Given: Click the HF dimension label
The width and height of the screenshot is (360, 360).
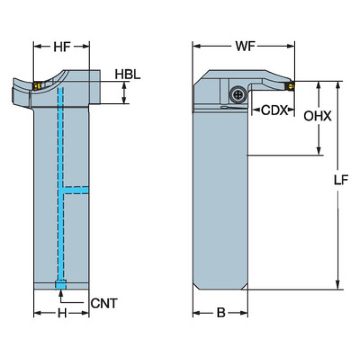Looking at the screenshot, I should pyautogui.click(x=61, y=46).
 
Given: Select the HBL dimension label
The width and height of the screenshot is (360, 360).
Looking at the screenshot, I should pyautogui.click(x=128, y=75).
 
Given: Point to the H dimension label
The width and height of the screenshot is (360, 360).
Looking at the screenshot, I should pyautogui.click(x=61, y=314).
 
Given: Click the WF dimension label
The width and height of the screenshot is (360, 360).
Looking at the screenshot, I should pyautogui.click(x=245, y=46).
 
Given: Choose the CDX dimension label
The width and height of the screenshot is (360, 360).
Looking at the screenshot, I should pyautogui.click(x=273, y=110).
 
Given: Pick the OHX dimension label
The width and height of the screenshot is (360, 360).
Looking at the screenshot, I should pyautogui.click(x=318, y=116).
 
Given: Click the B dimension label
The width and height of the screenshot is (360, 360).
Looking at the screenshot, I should pyautogui.click(x=221, y=314).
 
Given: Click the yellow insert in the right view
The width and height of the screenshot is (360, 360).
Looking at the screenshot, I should pyautogui.click(x=291, y=86).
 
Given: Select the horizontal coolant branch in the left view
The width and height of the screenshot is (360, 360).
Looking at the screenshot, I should pyautogui.click(x=76, y=189).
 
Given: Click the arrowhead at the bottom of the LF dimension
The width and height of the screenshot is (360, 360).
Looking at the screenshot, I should pyautogui.click(x=337, y=286).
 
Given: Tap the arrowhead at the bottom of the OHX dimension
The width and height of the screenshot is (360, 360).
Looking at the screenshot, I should pyautogui.click(x=319, y=151).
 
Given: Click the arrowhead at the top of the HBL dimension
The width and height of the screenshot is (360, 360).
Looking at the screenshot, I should pyautogui.click(x=124, y=84).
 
